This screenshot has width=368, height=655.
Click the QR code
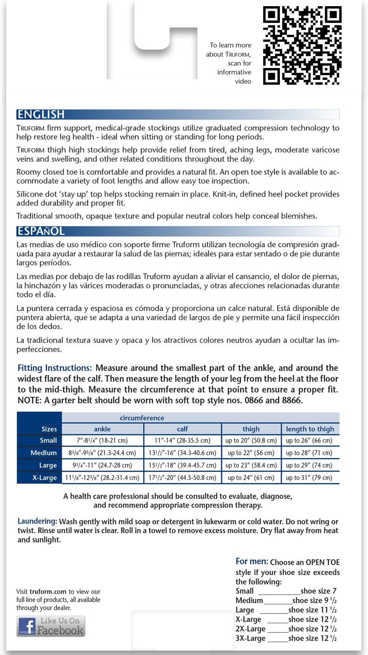pos(302,45)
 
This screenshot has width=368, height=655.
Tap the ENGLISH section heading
pos(41,114)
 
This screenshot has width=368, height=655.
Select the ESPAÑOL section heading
pos(41,231)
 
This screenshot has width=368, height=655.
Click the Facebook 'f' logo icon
pos(26,627)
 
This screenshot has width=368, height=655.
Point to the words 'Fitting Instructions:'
pos(55,368)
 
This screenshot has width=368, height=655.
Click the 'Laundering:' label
pos(37,521)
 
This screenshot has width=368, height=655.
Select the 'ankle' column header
pos(102,429)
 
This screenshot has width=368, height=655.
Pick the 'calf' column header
pos(182,429)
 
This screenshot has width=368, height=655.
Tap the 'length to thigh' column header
pos(310,429)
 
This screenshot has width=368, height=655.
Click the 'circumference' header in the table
pos(142,418)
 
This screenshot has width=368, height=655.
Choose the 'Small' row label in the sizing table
pos(48,440)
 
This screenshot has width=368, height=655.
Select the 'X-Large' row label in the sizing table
pos(45,477)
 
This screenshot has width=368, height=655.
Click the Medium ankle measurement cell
pos(102,452)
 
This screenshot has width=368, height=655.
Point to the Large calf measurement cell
pos(182,465)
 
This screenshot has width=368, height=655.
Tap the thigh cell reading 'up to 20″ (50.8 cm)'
pos(251,440)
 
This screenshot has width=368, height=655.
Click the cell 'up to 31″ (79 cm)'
pos(309,477)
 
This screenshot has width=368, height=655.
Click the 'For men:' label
pos(252,561)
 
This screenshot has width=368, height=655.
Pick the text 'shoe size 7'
pos(319,591)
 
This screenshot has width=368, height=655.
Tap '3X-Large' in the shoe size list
pos(250,638)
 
